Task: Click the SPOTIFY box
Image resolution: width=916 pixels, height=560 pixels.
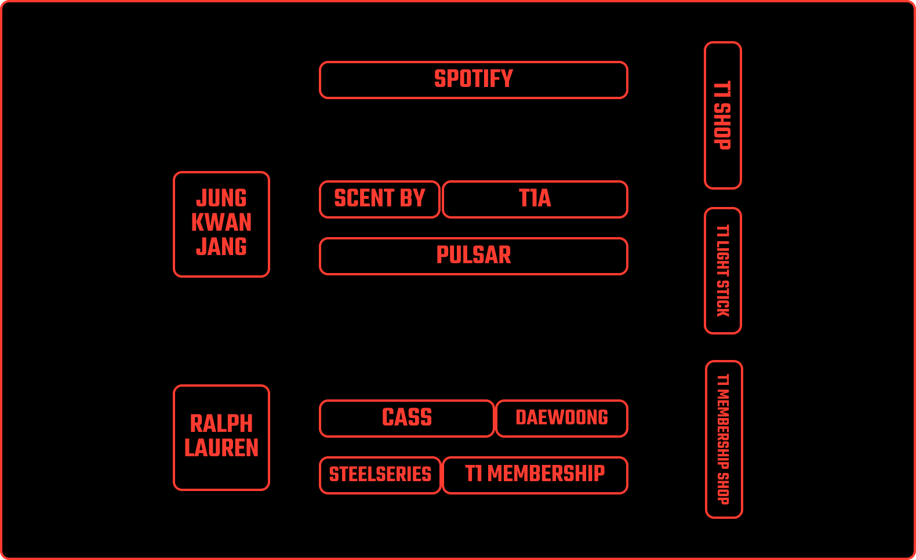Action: pos(473,80)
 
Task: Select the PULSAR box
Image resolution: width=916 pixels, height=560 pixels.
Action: pos(473,256)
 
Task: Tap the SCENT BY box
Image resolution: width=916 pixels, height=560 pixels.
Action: pos(380,199)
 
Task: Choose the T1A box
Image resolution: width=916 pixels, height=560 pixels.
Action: pos(535,199)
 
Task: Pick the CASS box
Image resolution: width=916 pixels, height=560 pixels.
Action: pos(406,418)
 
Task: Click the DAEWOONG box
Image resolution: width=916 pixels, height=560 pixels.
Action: pos(561,418)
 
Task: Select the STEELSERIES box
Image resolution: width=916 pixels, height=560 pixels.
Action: pos(380,475)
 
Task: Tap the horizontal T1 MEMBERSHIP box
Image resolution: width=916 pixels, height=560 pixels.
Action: pos(535,475)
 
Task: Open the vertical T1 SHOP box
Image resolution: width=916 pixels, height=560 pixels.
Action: pos(722,115)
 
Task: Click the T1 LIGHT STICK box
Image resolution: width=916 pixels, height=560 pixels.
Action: pos(722,271)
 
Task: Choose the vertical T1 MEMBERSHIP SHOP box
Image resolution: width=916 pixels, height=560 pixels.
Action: pos(724,439)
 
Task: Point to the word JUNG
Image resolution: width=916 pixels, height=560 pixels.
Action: pos(221,198)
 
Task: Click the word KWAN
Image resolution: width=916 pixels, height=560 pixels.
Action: pos(221,223)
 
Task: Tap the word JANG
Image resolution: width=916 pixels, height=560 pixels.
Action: pos(221,247)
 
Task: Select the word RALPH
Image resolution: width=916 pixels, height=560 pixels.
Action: pos(221,424)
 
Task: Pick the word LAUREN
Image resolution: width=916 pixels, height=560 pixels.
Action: pos(221,448)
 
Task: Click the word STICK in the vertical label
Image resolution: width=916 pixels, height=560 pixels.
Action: pos(722,299)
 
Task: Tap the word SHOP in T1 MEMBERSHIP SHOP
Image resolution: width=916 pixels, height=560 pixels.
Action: pos(723,489)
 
